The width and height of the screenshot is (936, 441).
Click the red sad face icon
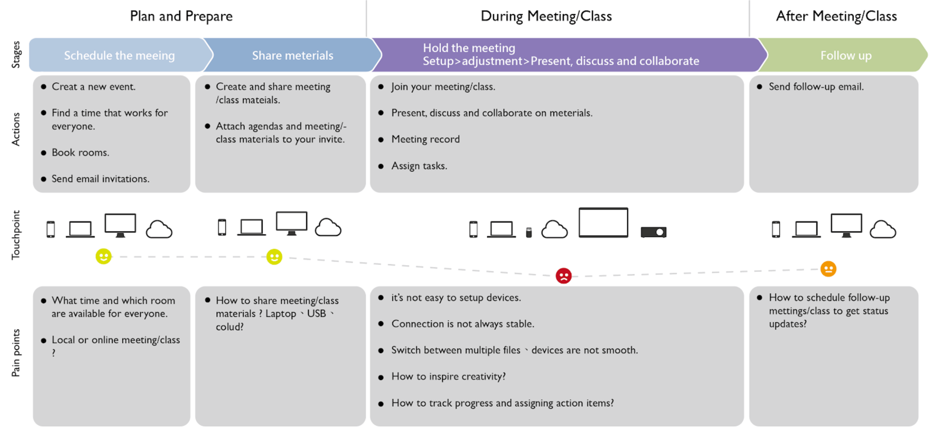click(x=563, y=276)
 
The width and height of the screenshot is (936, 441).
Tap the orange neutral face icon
click(x=828, y=269)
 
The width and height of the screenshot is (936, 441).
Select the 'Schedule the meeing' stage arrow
click(x=119, y=55)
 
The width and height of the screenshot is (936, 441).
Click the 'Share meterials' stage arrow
click(x=292, y=55)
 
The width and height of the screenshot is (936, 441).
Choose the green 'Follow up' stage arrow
click(x=845, y=55)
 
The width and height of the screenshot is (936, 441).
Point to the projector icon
click(x=653, y=232)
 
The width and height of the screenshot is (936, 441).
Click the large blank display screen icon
click(x=603, y=222)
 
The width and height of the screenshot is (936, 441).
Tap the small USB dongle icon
click(x=529, y=232)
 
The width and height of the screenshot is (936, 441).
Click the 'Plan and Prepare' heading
click(x=181, y=16)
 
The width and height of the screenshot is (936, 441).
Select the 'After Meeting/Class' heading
click(x=836, y=16)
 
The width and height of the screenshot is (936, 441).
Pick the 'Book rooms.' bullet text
click(x=80, y=152)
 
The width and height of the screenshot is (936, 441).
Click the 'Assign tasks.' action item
click(x=419, y=166)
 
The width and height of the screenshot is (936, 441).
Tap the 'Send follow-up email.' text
click(x=816, y=87)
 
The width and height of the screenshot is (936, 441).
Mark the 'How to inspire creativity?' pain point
click(x=448, y=377)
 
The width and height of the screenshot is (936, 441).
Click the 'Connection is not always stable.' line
click(x=463, y=324)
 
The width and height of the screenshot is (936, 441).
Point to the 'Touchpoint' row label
click(x=16, y=235)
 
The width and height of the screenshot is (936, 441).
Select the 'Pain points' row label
click(x=16, y=353)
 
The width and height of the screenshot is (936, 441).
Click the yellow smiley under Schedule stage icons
click(x=103, y=256)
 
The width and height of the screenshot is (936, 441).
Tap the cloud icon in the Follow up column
click(x=882, y=229)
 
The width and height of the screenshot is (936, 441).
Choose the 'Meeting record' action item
click(x=425, y=140)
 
